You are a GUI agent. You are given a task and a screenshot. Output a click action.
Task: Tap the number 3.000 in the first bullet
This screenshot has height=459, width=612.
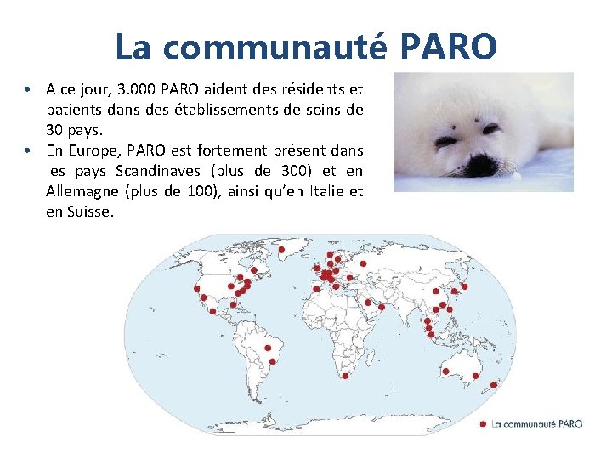pyautogui.click(x=137, y=88)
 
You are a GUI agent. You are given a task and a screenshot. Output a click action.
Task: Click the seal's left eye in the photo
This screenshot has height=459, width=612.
pyautogui.click(x=445, y=132)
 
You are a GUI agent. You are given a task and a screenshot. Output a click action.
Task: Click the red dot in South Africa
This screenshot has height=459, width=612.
pyautogui.click(x=344, y=376)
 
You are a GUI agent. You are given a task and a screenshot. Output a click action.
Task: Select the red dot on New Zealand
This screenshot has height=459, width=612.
pyautogui.click(x=494, y=384)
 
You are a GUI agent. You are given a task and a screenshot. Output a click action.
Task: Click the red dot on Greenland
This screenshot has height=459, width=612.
pyautogui.click(x=280, y=249)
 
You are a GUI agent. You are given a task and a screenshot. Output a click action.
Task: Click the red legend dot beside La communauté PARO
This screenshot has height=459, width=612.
pyautogui.click(x=483, y=423)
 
